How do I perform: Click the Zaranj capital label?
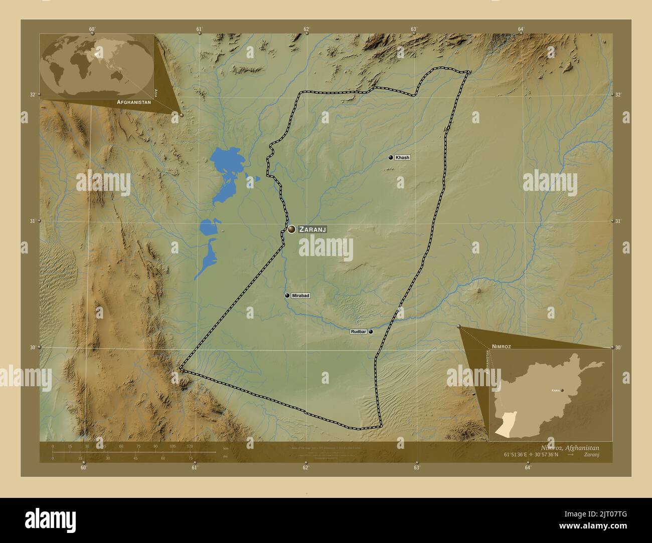(x=312, y=229)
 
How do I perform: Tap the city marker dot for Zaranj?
(x=291, y=229)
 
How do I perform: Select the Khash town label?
(x=402, y=158)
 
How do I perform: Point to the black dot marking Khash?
(x=390, y=158)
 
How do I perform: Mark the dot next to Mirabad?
(x=287, y=296)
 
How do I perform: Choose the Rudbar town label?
(x=359, y=332)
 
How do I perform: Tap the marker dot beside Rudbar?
(x=371, y=332)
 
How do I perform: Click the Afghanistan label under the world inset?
(x=133, y=102)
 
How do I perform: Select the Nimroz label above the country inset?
(x=502, y=347)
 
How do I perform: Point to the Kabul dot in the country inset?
(x=562, y=390)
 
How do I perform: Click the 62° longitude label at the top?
(x=306, y=29)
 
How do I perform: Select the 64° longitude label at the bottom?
(x=528, y=468)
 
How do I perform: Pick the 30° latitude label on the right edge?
(x=618, y=348)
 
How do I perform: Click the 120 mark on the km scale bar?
(x=190, y=446)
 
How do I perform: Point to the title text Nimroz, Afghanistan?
(x=570, y=447)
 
